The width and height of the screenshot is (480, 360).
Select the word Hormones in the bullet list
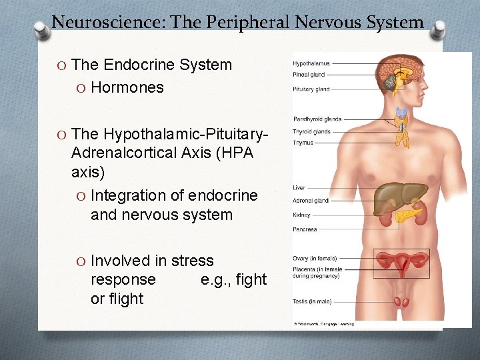127,87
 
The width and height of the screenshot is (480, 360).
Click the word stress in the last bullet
193,261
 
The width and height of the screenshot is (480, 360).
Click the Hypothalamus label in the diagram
311,64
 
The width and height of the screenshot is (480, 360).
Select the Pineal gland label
308,75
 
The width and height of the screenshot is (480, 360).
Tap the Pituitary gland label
311,89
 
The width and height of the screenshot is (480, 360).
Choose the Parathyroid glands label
317,119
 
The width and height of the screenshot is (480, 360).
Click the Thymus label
303,142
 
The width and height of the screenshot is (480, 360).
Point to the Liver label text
299,188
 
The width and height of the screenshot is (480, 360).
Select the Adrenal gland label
311,201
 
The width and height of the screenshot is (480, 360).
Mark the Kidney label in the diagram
301,215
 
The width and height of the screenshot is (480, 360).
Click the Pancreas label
305,229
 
